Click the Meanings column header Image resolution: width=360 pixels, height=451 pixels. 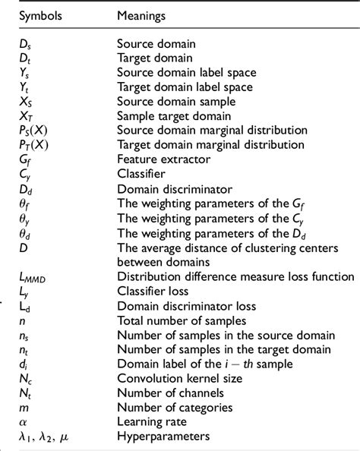click(144, 15)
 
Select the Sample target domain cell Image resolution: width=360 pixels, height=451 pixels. click(169, 115)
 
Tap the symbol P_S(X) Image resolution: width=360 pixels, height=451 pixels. click(35, 130)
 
